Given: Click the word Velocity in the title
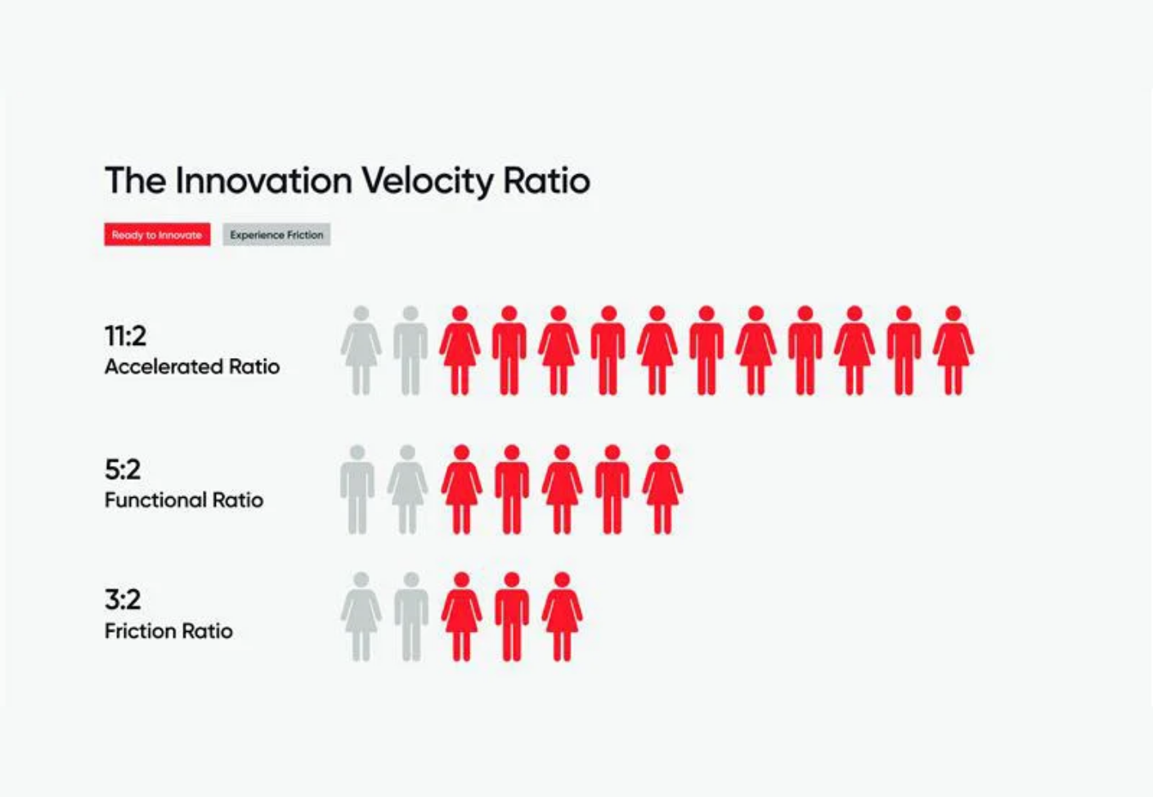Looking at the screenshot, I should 428,181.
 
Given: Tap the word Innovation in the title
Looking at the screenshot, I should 263,181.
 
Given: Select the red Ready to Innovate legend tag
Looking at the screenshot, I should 157,235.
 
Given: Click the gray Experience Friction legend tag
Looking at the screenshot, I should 276,235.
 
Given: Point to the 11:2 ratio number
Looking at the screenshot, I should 125,336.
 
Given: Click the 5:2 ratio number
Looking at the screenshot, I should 123,469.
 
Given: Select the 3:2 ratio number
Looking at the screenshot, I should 123,600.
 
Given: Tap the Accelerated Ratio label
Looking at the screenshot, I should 192,367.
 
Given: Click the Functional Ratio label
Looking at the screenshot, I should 184,500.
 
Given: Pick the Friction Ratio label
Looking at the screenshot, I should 168,631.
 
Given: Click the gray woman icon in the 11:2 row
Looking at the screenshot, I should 361,350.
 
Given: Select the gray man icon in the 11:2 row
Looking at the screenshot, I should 411,350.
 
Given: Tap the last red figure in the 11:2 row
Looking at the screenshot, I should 953,350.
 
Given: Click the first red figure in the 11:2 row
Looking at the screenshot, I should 460,350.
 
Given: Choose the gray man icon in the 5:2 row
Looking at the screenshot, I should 357,489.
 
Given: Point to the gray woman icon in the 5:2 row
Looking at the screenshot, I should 407,489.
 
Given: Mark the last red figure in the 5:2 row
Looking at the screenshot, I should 662,489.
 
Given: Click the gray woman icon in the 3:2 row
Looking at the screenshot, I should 361,616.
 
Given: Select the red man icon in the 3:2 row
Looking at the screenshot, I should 512,616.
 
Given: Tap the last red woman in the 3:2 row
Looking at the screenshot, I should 562,616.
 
